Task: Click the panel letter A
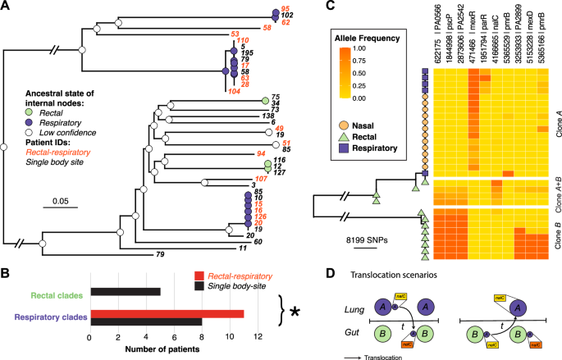[7, 7]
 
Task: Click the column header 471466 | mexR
[473, 37]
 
